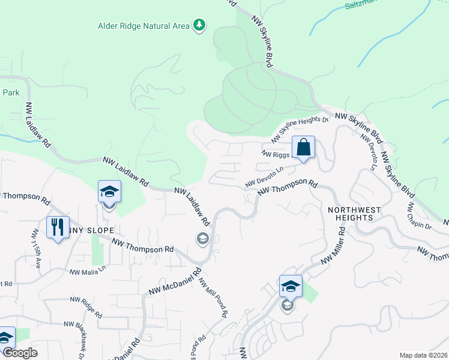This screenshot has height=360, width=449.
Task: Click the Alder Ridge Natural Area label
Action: (144, 26)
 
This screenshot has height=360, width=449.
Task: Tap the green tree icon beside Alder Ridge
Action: (199, 25)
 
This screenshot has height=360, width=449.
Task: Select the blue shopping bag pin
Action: (303, 147)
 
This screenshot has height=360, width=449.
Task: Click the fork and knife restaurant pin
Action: (58, 227)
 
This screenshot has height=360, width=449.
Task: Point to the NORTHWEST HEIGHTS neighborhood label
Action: (354, 214)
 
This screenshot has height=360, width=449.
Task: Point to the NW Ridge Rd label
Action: (87, 306)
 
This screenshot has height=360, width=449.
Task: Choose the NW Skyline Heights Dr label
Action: (300, 129)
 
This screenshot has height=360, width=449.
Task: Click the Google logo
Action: (20, 353)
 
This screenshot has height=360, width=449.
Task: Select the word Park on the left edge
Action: (11, 93)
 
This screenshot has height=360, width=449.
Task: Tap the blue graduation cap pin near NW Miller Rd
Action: (291, 286)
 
